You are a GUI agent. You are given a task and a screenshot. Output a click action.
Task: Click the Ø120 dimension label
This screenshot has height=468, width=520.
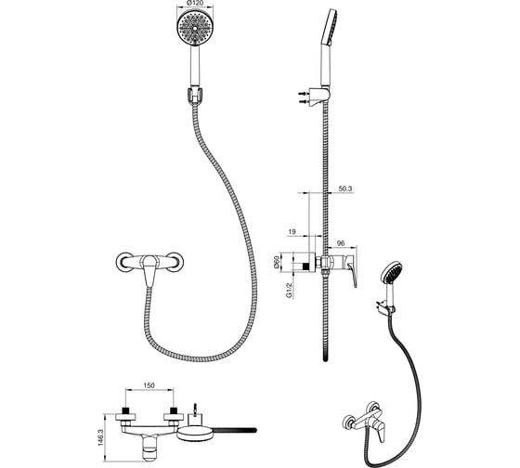(x=195, y=3)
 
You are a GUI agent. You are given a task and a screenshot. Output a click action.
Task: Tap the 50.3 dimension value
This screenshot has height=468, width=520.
(x=344, y=188)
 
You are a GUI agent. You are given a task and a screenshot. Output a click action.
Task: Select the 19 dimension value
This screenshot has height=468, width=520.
(x=292, y=232)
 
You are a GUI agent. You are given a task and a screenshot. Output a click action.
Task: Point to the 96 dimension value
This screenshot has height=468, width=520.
(x=341, y=243)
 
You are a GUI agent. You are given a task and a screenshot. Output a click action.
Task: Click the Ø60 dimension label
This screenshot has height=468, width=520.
(x=277, y=263)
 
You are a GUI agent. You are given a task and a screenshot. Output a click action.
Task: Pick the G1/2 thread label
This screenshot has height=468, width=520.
(x=290, y=291)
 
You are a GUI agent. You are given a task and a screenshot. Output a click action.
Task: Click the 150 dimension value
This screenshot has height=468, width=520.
(x=149, y=385)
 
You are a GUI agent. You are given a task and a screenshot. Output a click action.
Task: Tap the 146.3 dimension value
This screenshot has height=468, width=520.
(x=101, y=437)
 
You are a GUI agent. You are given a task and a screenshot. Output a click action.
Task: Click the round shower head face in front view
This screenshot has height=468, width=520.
(x=195, y=29)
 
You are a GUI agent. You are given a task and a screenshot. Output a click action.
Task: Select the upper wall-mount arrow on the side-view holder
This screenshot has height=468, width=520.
(x=304, y=94)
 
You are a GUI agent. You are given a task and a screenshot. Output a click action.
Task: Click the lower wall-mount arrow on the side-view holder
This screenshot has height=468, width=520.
(x=304, y=101)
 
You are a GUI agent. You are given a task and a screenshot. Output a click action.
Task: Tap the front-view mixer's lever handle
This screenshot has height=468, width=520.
(x=149, y=269)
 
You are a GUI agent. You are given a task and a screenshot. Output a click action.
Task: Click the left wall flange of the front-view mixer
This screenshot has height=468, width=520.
(x=123, y=263)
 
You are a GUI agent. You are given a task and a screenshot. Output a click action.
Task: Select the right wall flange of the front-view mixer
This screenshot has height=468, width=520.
(x=175, y=263)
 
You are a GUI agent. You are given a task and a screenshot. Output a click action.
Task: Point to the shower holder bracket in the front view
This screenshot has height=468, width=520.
(x=194, y=96)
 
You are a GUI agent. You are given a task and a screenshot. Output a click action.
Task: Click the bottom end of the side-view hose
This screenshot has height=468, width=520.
(x=325, y=359)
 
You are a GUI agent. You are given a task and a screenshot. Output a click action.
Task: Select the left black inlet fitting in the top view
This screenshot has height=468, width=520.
(x=125, y=410)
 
